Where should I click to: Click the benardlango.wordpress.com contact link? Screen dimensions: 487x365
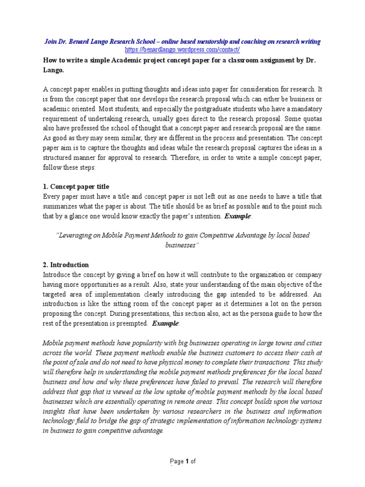[x=182, y=49]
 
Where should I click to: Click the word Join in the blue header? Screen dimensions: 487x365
[x=51, y=41]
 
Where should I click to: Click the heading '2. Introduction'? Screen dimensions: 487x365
[x=66, y=265]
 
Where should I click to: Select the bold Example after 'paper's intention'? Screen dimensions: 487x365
[x=238, y=216]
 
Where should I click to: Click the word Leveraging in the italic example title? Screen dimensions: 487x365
[x=80, y=236]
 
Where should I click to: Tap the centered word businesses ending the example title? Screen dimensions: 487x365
[x=182, y=245]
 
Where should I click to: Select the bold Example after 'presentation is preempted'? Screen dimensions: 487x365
[x=165, y=324]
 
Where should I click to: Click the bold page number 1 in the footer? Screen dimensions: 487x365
[x=188, y=461]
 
